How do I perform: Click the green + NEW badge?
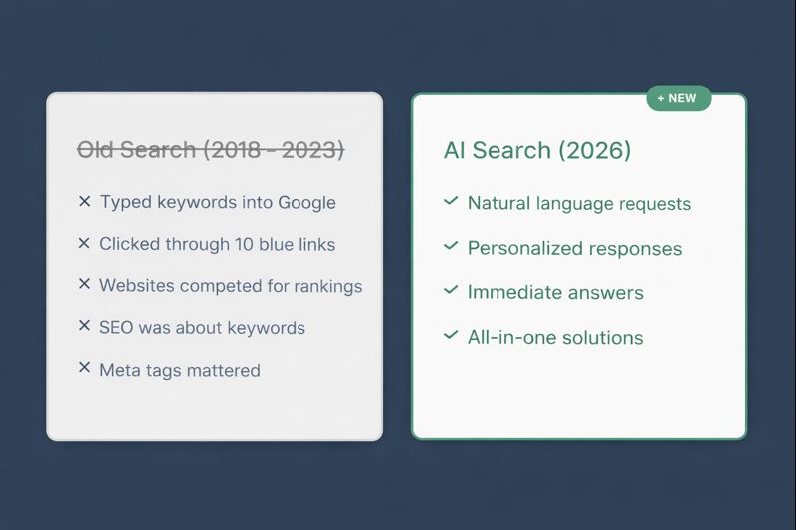[x=679, y=98]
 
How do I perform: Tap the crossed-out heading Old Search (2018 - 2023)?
[x=211, y=150]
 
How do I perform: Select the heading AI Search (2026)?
[x=537, y=150]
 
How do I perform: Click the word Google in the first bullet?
[x=305, y=202]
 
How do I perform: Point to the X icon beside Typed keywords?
[x=85, y=201]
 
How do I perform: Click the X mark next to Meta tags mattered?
[x=85, y=369]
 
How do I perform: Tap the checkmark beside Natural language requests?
[x=451, y=202]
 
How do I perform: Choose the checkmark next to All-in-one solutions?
[x=451, y=336]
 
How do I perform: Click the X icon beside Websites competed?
[x=85, y=285]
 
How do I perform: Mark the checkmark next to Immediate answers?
[x=451, y=291]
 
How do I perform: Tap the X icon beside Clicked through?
[x=85, y=243]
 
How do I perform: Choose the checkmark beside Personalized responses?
[x=451, y=247]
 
